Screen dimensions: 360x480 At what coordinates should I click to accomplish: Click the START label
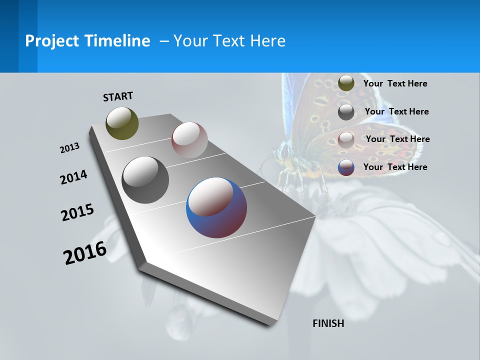[x=118, y=96]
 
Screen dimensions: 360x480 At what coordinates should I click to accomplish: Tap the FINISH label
[x=328, y=323]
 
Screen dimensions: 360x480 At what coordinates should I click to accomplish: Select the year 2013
[x=69, y=148]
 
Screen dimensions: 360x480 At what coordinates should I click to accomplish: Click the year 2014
[x=73, y=177]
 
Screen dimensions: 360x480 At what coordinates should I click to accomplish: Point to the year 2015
[x=77, y=212]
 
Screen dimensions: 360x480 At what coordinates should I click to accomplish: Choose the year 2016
[x=85, y=252]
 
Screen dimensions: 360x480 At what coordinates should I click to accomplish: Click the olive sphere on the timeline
[x=122, y=123]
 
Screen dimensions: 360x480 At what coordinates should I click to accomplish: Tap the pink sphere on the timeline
[x=189, y=139]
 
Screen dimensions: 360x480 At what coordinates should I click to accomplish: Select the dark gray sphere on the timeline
[x=145, y=179]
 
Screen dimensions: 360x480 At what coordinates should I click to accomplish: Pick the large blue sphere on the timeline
[x=216, y=207]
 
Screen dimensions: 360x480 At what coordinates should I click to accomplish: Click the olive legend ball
[x=346, y=83]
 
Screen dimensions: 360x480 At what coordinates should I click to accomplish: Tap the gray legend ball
[x=346, y=112]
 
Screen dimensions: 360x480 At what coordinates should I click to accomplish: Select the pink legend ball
[x=346, y=139]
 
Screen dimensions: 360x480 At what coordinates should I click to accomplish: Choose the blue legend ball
[x=346, y=167]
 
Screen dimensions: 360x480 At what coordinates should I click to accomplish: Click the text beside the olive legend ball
[x=395, y=83]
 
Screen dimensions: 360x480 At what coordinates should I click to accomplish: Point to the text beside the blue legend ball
[x=395, y=167]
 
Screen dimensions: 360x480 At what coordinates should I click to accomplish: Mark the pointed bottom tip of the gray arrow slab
[x=270, y=325]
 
